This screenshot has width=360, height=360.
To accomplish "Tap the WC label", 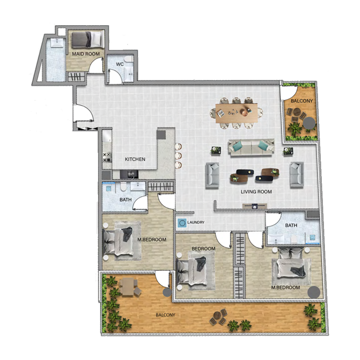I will coord(120,64).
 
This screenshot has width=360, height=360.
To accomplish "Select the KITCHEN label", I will coord(135,159).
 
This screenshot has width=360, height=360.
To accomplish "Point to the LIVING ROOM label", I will coord(256,192).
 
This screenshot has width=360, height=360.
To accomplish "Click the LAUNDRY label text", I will coord(196,222).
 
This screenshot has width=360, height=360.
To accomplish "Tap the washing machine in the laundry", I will coord(182,222).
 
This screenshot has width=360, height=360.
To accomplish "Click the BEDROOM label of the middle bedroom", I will coord(203,248).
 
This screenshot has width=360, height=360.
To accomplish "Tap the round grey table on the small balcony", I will coord(309,122).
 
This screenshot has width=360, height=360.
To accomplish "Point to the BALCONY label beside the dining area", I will coord(299,101).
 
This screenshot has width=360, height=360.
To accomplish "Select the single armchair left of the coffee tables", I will coord(212,175).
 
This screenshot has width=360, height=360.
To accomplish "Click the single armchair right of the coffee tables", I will coord(297,175).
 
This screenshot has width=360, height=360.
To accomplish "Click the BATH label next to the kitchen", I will coord(125,200).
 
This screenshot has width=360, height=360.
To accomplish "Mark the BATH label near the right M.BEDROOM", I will coord(291,225).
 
